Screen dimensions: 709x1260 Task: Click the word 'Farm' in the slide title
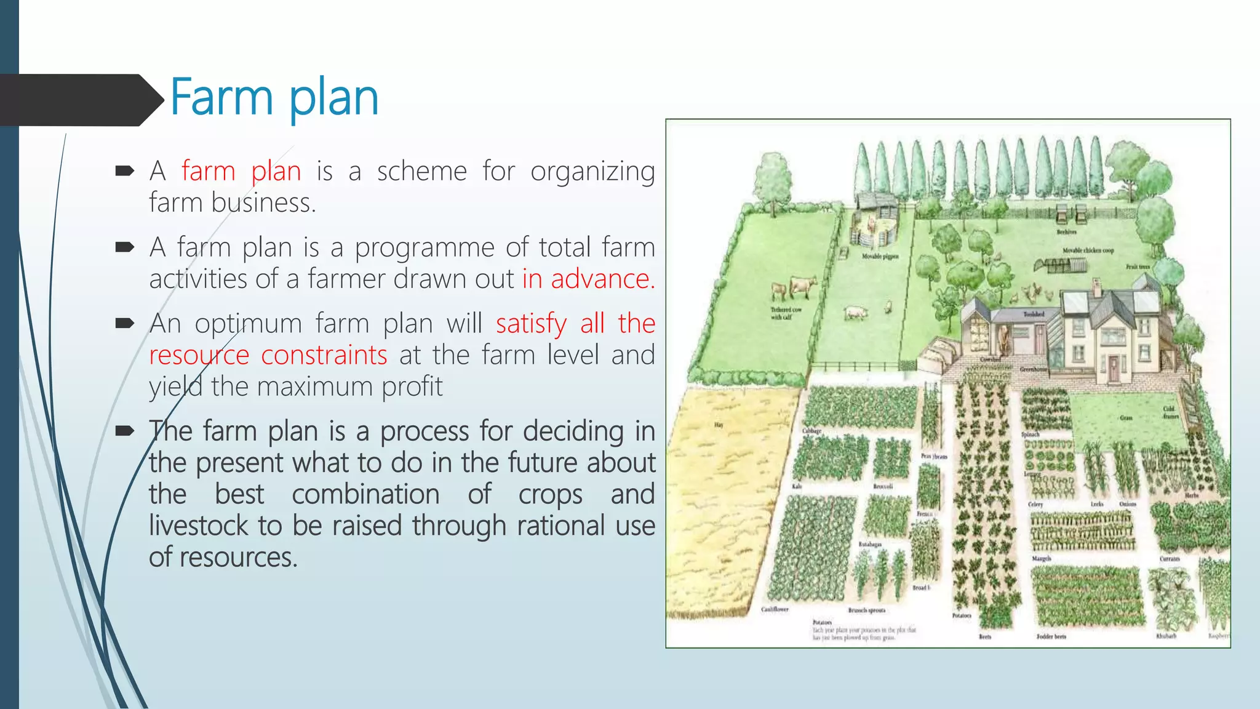[221, 97]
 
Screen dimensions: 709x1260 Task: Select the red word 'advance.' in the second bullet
[602, 279]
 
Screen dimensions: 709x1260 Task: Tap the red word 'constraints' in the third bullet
[324, 355]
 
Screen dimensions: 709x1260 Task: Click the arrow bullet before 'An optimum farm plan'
[124, 324]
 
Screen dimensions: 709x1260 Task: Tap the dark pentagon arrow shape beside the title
[80, 100]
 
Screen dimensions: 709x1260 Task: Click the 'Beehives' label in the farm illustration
[1066, 232]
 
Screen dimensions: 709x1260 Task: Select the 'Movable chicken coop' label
[1088, 250]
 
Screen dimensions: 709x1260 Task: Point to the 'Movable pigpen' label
[880, 256]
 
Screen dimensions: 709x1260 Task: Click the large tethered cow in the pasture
[803, 286]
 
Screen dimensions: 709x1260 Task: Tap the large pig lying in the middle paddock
[855, 313]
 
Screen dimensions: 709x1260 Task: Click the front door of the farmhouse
[1114, 370]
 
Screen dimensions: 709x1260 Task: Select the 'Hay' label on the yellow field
[719, 425]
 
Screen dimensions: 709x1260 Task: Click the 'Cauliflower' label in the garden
[775, 609]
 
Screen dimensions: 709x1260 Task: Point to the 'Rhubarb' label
[1166, 636]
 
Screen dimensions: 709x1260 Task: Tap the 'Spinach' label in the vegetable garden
[1030, 435]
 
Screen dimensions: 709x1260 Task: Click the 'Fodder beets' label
[1051, 636]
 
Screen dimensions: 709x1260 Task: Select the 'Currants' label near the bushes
[1170, 559]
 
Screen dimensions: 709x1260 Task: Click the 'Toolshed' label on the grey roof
[1034, 314]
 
